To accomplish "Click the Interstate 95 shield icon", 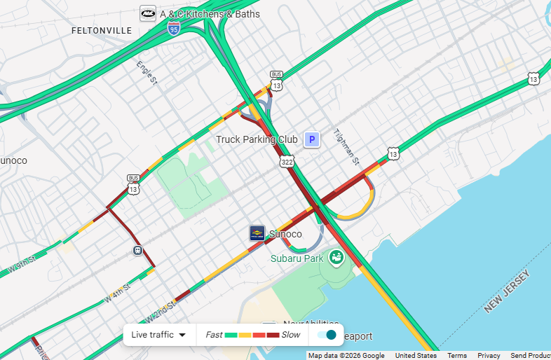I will pos(174,29).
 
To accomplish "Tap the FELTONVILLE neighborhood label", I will pos(102,31).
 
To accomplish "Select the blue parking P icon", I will pos(311,139).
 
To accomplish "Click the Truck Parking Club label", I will pos(257,139).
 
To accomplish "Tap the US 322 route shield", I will pos(287,162).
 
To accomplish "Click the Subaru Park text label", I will pos(297,258).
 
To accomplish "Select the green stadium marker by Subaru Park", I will pos(336,257).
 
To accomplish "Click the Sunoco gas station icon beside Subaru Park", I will pos(257,233).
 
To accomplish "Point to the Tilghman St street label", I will pos(346,147).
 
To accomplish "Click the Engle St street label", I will pos(147,73).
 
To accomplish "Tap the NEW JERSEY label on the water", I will pos(511,295).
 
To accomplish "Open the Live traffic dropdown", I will pos(159,335).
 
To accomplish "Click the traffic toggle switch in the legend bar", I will pos(327,335).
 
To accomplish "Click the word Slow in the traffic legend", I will pos(290,335).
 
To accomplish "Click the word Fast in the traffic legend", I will pos(214,335).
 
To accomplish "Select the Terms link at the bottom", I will pos(457,356).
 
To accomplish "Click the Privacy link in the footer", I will pos(489,356).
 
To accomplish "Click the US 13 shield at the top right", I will pos(534,78).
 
